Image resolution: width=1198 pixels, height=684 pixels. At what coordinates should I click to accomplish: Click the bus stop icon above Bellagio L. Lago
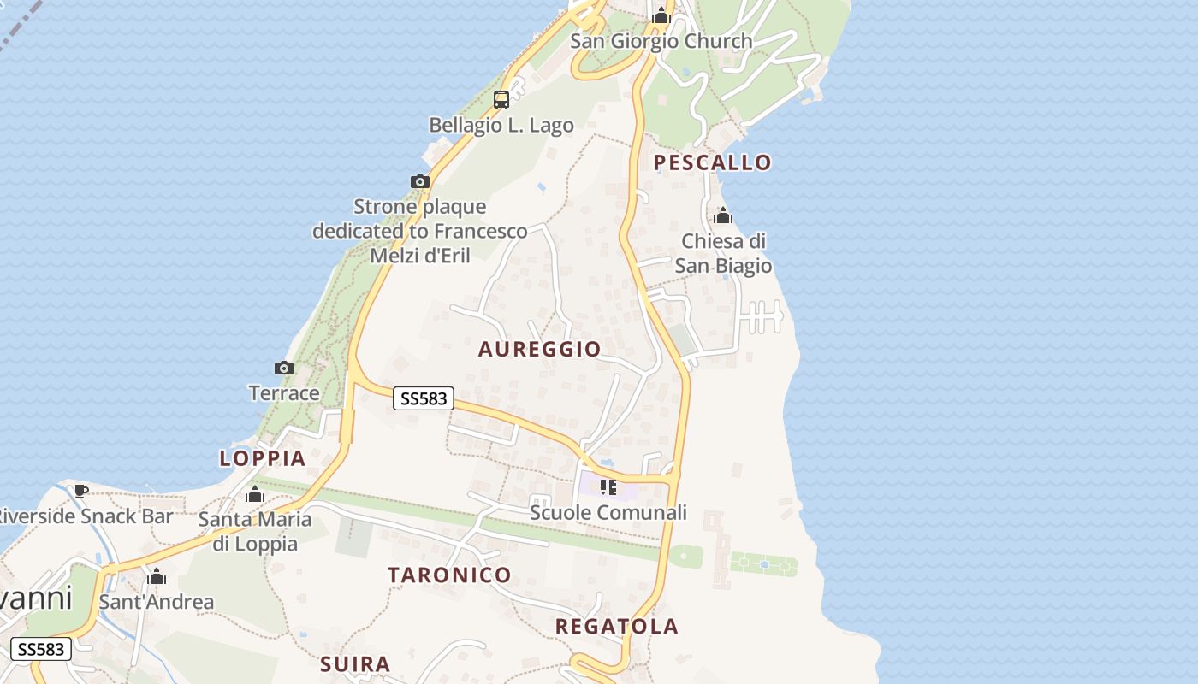coord(501,100)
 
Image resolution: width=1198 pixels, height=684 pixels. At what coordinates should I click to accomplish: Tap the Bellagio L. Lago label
coord(501,125)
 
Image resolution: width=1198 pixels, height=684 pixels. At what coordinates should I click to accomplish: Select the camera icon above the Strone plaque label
coord(419,181)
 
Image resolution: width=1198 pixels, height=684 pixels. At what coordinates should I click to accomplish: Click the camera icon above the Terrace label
coord(284,369)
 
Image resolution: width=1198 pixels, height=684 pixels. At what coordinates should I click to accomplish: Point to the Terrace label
coord(284,393)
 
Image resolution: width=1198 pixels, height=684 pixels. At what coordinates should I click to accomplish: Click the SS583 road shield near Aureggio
coord(424,398)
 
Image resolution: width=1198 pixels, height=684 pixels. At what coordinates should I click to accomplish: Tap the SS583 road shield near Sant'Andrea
coord(40,649)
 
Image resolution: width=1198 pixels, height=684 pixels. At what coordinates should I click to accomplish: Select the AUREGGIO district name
coord(539,349)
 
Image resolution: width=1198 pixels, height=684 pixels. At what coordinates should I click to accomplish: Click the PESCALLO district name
coord(712,162)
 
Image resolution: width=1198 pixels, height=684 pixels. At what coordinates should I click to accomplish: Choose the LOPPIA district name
coord(263,458)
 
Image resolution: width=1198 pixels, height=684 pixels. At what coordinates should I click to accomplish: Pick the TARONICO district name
coord(449,575)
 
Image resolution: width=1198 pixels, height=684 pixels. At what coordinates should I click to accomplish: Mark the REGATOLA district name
coord(616,627)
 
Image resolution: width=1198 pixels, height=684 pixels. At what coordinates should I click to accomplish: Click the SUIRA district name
coord(355,664)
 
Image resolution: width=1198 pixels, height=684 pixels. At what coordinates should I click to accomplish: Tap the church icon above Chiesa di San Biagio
coord(723,215)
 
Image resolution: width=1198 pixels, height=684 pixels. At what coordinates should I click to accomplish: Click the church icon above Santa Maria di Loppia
coord(255,494)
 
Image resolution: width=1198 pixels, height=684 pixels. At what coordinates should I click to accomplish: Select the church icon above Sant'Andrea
coord(156,577)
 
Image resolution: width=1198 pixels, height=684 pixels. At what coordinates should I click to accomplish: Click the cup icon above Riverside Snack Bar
coord(81,491)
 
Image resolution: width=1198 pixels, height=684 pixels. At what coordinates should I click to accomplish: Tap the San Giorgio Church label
coord(661,40)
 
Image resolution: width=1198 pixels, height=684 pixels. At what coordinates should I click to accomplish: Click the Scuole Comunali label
coord(608,513)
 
